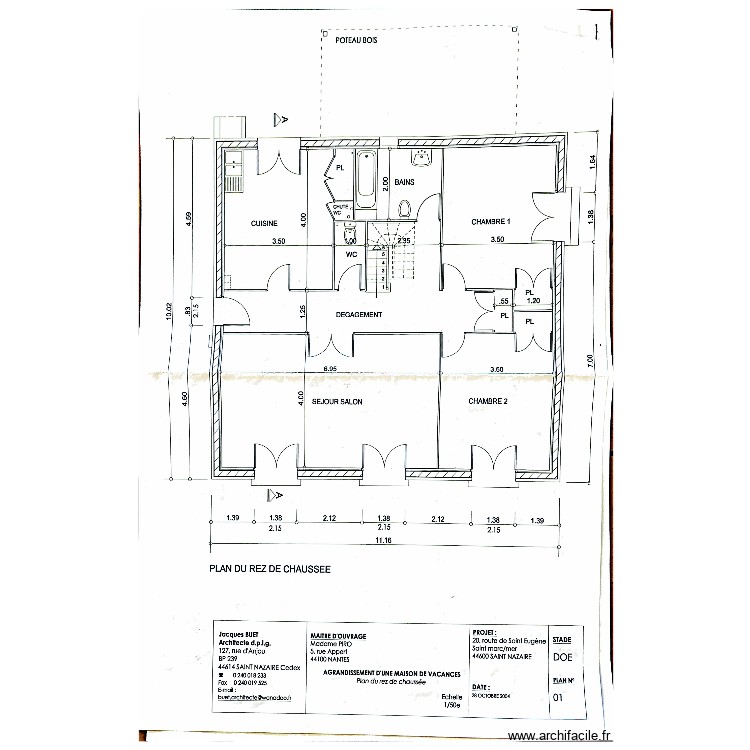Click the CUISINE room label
[x=264, y=223]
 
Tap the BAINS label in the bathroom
[x=404, y=183]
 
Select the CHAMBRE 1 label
[x=491, y=222]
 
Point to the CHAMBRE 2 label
[x=488, y=401]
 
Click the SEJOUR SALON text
[x=337, y=401]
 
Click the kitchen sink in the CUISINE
[x=232, y=178]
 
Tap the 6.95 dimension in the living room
[x=329, y=369]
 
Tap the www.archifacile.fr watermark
[x=560, y=736]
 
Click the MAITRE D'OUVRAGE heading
[x=336, y=635]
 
